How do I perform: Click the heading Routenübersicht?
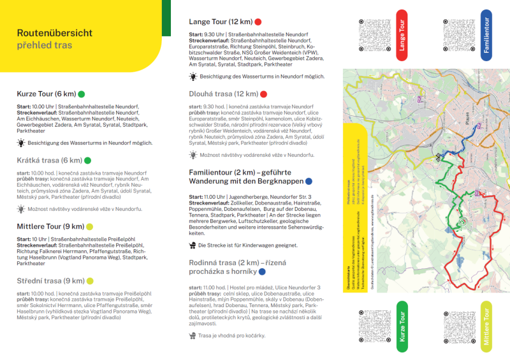coord(54,33)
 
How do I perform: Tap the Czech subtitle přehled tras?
coord(44,45)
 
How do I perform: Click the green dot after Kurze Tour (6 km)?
coord(81,94)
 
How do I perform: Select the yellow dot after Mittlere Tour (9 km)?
coord(90,226)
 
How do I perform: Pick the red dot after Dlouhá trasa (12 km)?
coord(263,94)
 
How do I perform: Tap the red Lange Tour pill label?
coord(402,35)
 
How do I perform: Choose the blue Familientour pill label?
coord(486,35)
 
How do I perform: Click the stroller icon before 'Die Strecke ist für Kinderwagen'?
coord(193,245)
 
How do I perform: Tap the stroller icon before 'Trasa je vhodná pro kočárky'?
coord(193,336)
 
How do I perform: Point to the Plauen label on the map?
coord(465,120)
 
